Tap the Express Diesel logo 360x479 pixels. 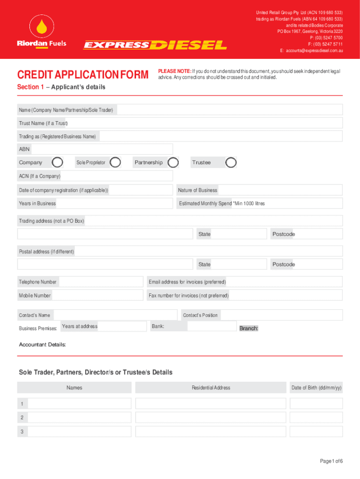(155, 45)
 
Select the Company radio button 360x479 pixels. (58, 162)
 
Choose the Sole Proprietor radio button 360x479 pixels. (115, 162)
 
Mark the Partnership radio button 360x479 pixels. (173, 162)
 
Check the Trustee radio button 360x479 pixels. (231, 162)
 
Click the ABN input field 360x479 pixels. (101, 149)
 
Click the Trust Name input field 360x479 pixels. (206, 123)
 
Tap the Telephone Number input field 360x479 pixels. (101, 282)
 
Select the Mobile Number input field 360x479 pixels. (97, 295)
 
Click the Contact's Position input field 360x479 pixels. (281, 315)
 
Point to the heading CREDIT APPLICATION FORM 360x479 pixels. (83, 75)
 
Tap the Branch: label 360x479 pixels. (249, 328)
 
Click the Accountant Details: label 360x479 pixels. (43, 345)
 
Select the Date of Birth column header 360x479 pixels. (316, 387)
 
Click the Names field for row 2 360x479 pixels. (79, 417)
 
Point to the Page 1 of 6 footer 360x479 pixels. (331, 461)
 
